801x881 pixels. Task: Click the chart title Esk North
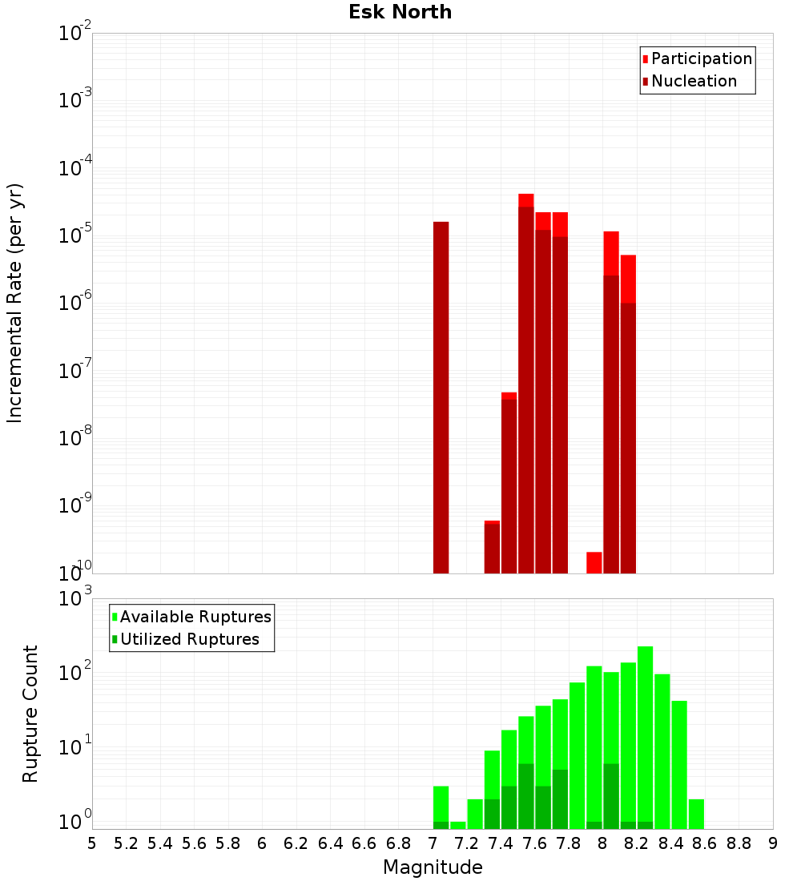coord(400,12)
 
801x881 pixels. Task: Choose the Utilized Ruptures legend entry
coord(189,639)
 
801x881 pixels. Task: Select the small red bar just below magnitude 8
coord(594,562)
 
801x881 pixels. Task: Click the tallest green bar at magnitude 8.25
coord(645,737)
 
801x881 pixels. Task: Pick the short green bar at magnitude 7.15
coord(457,824)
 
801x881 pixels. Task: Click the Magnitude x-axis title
coord(433,867)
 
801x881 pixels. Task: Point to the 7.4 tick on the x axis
coord(501,843)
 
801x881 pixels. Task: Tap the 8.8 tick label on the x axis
coord(739,843)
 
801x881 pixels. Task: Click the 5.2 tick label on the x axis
coord(126,843)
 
